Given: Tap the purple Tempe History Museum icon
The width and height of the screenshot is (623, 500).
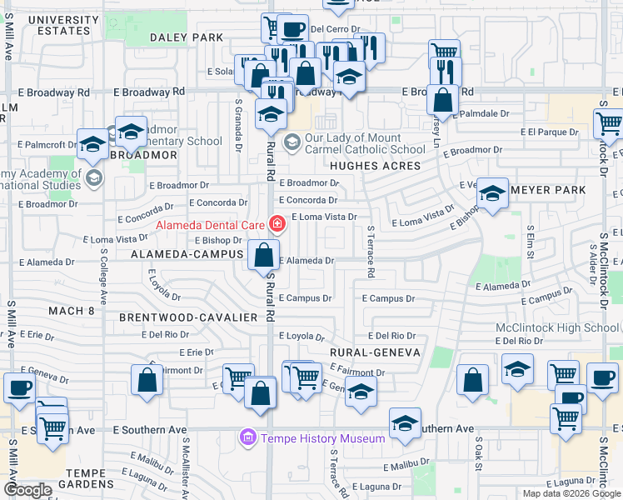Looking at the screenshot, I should (247, 437).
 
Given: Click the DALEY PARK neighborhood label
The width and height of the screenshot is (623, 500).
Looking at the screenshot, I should (187, 37).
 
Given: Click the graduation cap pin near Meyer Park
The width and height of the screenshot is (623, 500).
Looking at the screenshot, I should (493, 195).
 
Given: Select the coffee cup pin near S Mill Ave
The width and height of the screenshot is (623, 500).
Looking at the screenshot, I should (20, 387).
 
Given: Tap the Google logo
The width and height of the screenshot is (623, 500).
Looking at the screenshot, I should (28, 490).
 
